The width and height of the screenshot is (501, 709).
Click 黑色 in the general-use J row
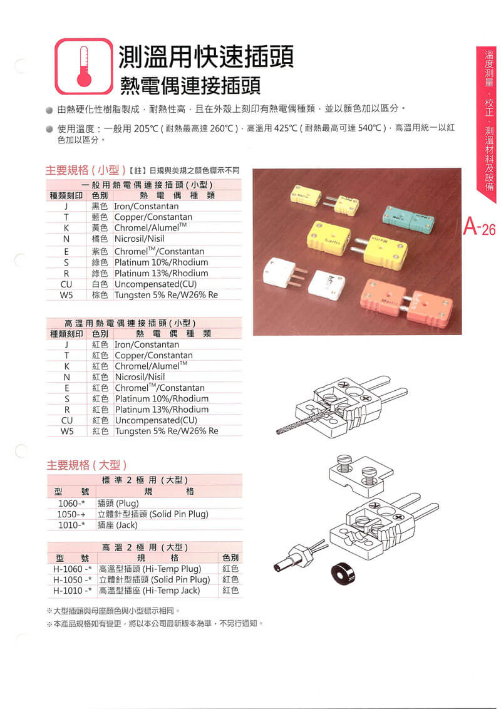(x=100, y=206)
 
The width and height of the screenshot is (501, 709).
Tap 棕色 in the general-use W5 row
(x=100, y=294)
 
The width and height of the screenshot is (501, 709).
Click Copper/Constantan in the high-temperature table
(x=153, y=355)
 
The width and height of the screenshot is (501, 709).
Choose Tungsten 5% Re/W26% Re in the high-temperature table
(x=167, y=431)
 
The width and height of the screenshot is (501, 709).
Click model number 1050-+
(x=71, y=514)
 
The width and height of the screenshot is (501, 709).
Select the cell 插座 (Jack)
(x=117, y=525)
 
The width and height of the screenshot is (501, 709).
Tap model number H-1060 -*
(x=72, y=569)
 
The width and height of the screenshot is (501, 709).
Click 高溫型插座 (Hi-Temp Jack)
(x=149, y=590)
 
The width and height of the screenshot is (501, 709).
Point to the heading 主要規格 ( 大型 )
(x=87, y=465)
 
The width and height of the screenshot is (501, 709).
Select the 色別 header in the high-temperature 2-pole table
(x=230, y=557)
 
